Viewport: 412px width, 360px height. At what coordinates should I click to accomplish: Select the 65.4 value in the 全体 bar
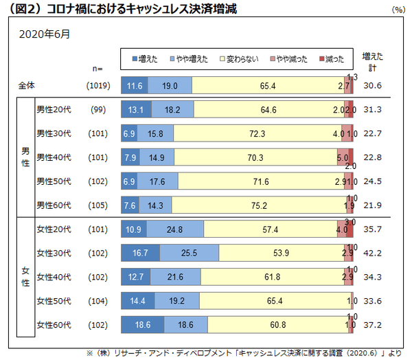[x=268, y=86]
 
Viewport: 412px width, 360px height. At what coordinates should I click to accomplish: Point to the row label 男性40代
[x=54, y=157]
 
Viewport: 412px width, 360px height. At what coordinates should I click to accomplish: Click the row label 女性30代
[x=54, y=253]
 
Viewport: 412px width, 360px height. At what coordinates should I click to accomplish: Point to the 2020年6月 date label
[x=44, y=33]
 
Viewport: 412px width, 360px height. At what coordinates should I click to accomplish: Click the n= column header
[x=97, y=68]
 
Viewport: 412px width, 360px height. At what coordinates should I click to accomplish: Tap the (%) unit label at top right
[x=398, y=10]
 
